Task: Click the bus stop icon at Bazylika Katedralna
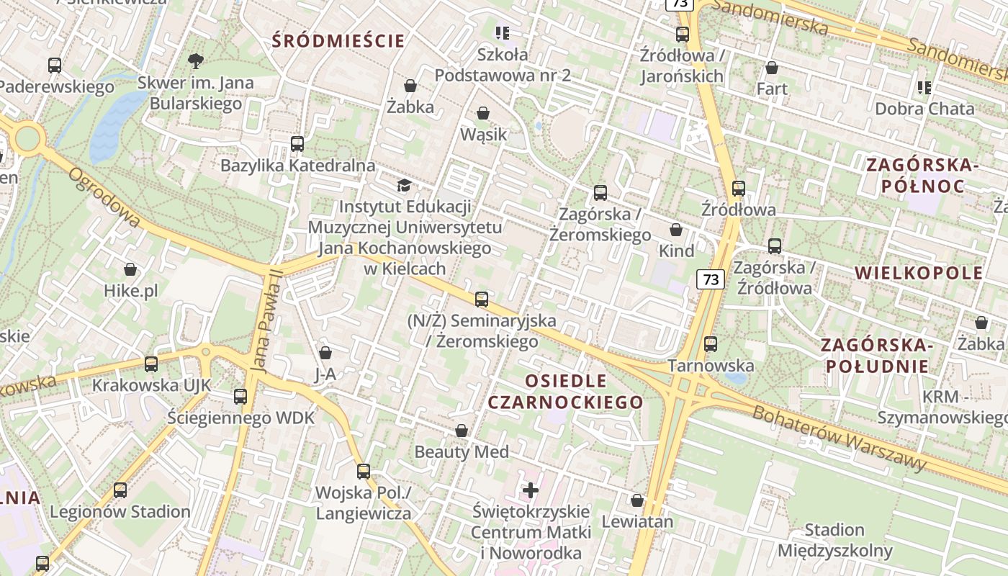coord(297,143)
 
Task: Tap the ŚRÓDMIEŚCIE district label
coord(338,40)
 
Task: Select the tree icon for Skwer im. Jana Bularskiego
coord(195,60)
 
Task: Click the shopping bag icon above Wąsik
coord(483,113)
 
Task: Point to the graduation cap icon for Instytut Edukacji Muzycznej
coord(405,185)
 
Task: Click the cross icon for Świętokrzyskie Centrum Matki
coord(531,490)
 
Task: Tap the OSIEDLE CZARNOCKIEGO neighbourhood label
coord(565,391)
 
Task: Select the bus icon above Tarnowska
coord(711,343)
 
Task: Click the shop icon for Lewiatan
coord(637,500)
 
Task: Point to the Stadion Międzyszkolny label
coord(834,541)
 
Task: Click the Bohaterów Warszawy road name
coord(839,438)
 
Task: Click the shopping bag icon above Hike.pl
coord(130,269)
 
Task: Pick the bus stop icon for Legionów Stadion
coord(120,490)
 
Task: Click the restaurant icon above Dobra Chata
coord(924,88)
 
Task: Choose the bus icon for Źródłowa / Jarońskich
coord(682,34)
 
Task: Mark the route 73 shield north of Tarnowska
coord(711,279)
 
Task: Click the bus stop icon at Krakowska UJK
coord(151,364)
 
